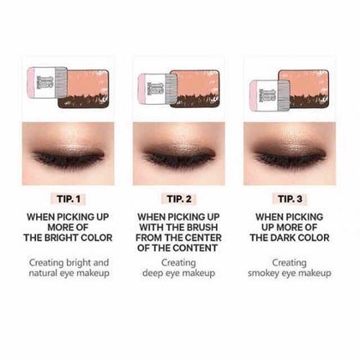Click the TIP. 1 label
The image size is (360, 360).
pyautogui.click(x=69, y=199)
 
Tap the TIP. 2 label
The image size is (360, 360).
pyautogui.click(x=179, y=199)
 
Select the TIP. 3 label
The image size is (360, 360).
pyautogui.click(x=290, y=199)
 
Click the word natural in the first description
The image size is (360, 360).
pyautogui.click(x=43, y=273)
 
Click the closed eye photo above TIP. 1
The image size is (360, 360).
pyautogui.click(x=68, y=154)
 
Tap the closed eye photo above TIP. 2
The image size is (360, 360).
pyautogui.click(x=179, y=154)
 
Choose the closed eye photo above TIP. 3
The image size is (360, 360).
pyautogui.click(x=290, y=154)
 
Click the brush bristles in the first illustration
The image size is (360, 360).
pyautogui.click(x=61, y=83)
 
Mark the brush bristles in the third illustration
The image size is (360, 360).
pyautogui.click(x=283, y=94)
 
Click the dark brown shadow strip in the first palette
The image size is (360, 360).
pyautogui.click(x=83, y=101)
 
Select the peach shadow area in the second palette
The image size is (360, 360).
pyautogui.click(x=198, y=83)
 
